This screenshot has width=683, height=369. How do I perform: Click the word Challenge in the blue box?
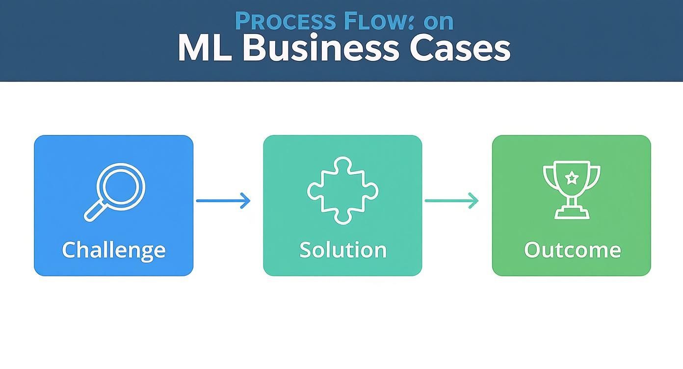pos(113,250)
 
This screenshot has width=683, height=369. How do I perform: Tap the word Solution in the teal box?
pos(342,250)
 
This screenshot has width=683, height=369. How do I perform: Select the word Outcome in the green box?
pos(572,250)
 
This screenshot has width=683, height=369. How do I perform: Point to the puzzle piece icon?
pos(342,191)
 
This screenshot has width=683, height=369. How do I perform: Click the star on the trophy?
pos(572,178)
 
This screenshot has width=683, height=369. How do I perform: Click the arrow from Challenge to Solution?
pos(223,201)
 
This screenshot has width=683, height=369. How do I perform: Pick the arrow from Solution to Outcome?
pos(451,201)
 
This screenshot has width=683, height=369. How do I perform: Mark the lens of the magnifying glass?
pos(120,186)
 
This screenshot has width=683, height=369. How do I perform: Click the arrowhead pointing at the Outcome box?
pos(473,201)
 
